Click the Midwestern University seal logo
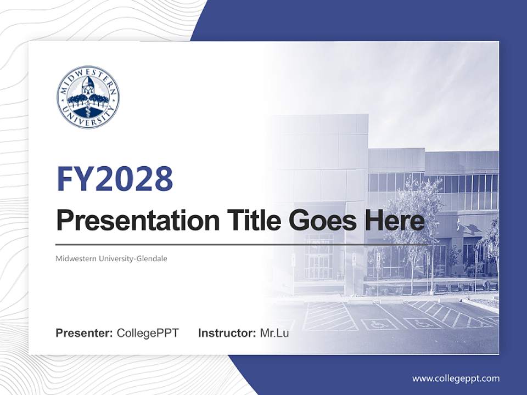pyautogui.click(x=88, y=97)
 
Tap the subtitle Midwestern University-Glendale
pyautogui.click(x=111, y=258)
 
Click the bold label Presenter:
pyautogui.click(x=85, y=333)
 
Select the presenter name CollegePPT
pyautogui.click(x=148, y=333)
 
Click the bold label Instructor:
pyautogui.click(x=227, y=333)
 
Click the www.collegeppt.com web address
pyautogui.click(x=456, y=378)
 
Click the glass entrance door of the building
pyautogui.click(x=318, y=258)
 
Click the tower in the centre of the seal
pyautogui.click(x=88, y=88)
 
